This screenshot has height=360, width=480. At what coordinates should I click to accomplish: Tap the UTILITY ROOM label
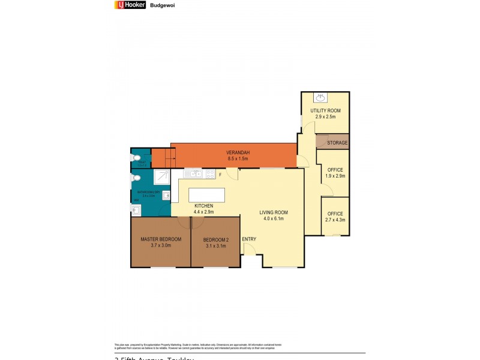[325, 111]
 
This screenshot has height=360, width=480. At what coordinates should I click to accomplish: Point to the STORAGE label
[337, 143]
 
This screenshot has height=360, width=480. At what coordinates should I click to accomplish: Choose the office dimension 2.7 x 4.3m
[335, 220]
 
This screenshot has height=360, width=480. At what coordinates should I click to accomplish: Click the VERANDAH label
[238, 152]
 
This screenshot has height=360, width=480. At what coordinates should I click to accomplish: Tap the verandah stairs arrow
[161, 159]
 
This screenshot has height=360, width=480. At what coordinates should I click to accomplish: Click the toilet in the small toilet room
[137, 158]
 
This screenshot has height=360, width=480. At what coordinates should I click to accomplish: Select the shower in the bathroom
[161, 178]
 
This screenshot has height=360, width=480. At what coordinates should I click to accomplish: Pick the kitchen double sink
[193, 174]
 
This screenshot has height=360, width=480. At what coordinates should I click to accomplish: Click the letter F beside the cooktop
[221, 175]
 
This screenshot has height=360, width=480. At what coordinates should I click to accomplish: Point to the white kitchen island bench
[206, 196]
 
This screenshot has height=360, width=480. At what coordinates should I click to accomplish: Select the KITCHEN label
[203, 206]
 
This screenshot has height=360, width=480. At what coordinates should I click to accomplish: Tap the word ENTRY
[249, 239]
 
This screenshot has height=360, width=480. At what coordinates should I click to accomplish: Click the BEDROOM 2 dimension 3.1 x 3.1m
[215, 245]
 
